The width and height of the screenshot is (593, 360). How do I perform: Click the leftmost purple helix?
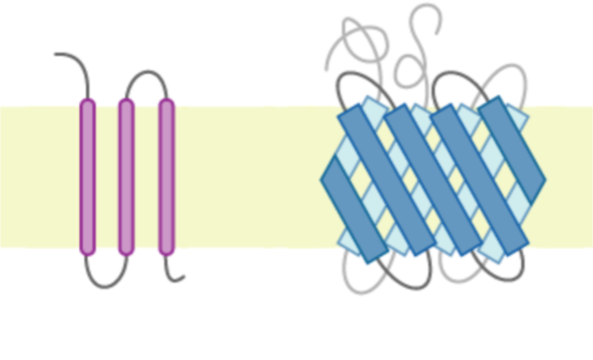pos(87,176)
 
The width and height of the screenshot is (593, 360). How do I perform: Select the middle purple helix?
pos(126,176)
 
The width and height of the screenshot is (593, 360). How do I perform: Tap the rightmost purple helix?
pos(166,176)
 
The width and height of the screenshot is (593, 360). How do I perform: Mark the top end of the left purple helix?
pos(87,102)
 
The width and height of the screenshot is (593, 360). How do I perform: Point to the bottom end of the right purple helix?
pos(166,252)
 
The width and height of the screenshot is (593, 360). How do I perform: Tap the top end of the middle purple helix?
pos(126,102)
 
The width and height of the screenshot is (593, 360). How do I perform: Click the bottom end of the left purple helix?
pos(87,252)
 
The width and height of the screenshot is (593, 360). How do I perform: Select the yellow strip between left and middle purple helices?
pos(106,176)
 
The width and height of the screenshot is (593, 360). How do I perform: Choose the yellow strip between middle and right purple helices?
pos(146,176)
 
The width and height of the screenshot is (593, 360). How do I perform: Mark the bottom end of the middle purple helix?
pos(126,252)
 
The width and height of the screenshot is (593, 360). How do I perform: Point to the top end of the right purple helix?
pos(166,102)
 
